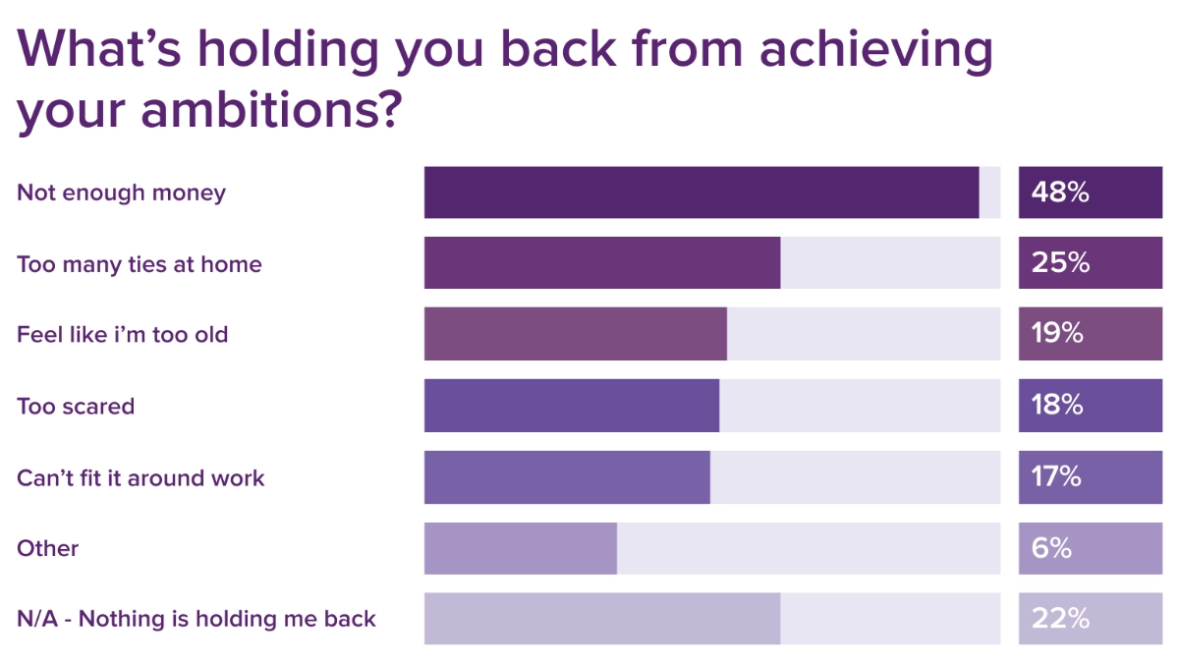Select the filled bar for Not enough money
point(702,193)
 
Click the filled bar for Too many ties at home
point(602,263)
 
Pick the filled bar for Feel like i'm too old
point(576,334)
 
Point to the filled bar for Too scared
point(572,406)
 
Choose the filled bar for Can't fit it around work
point(567,477)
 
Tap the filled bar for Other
point(521,548)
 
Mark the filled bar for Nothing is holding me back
point(602,619)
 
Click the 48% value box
point(1090,193)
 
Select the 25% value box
point(1090,263)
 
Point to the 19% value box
point(1090,334)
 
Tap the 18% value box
point(1090,406)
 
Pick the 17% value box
point(1090,477)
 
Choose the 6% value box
point(1090,548)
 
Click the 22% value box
point(1090,619)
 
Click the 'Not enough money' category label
point(121,193)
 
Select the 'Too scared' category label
point(76,406)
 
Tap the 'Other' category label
point(47,548)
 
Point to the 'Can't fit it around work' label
point(140,477)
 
